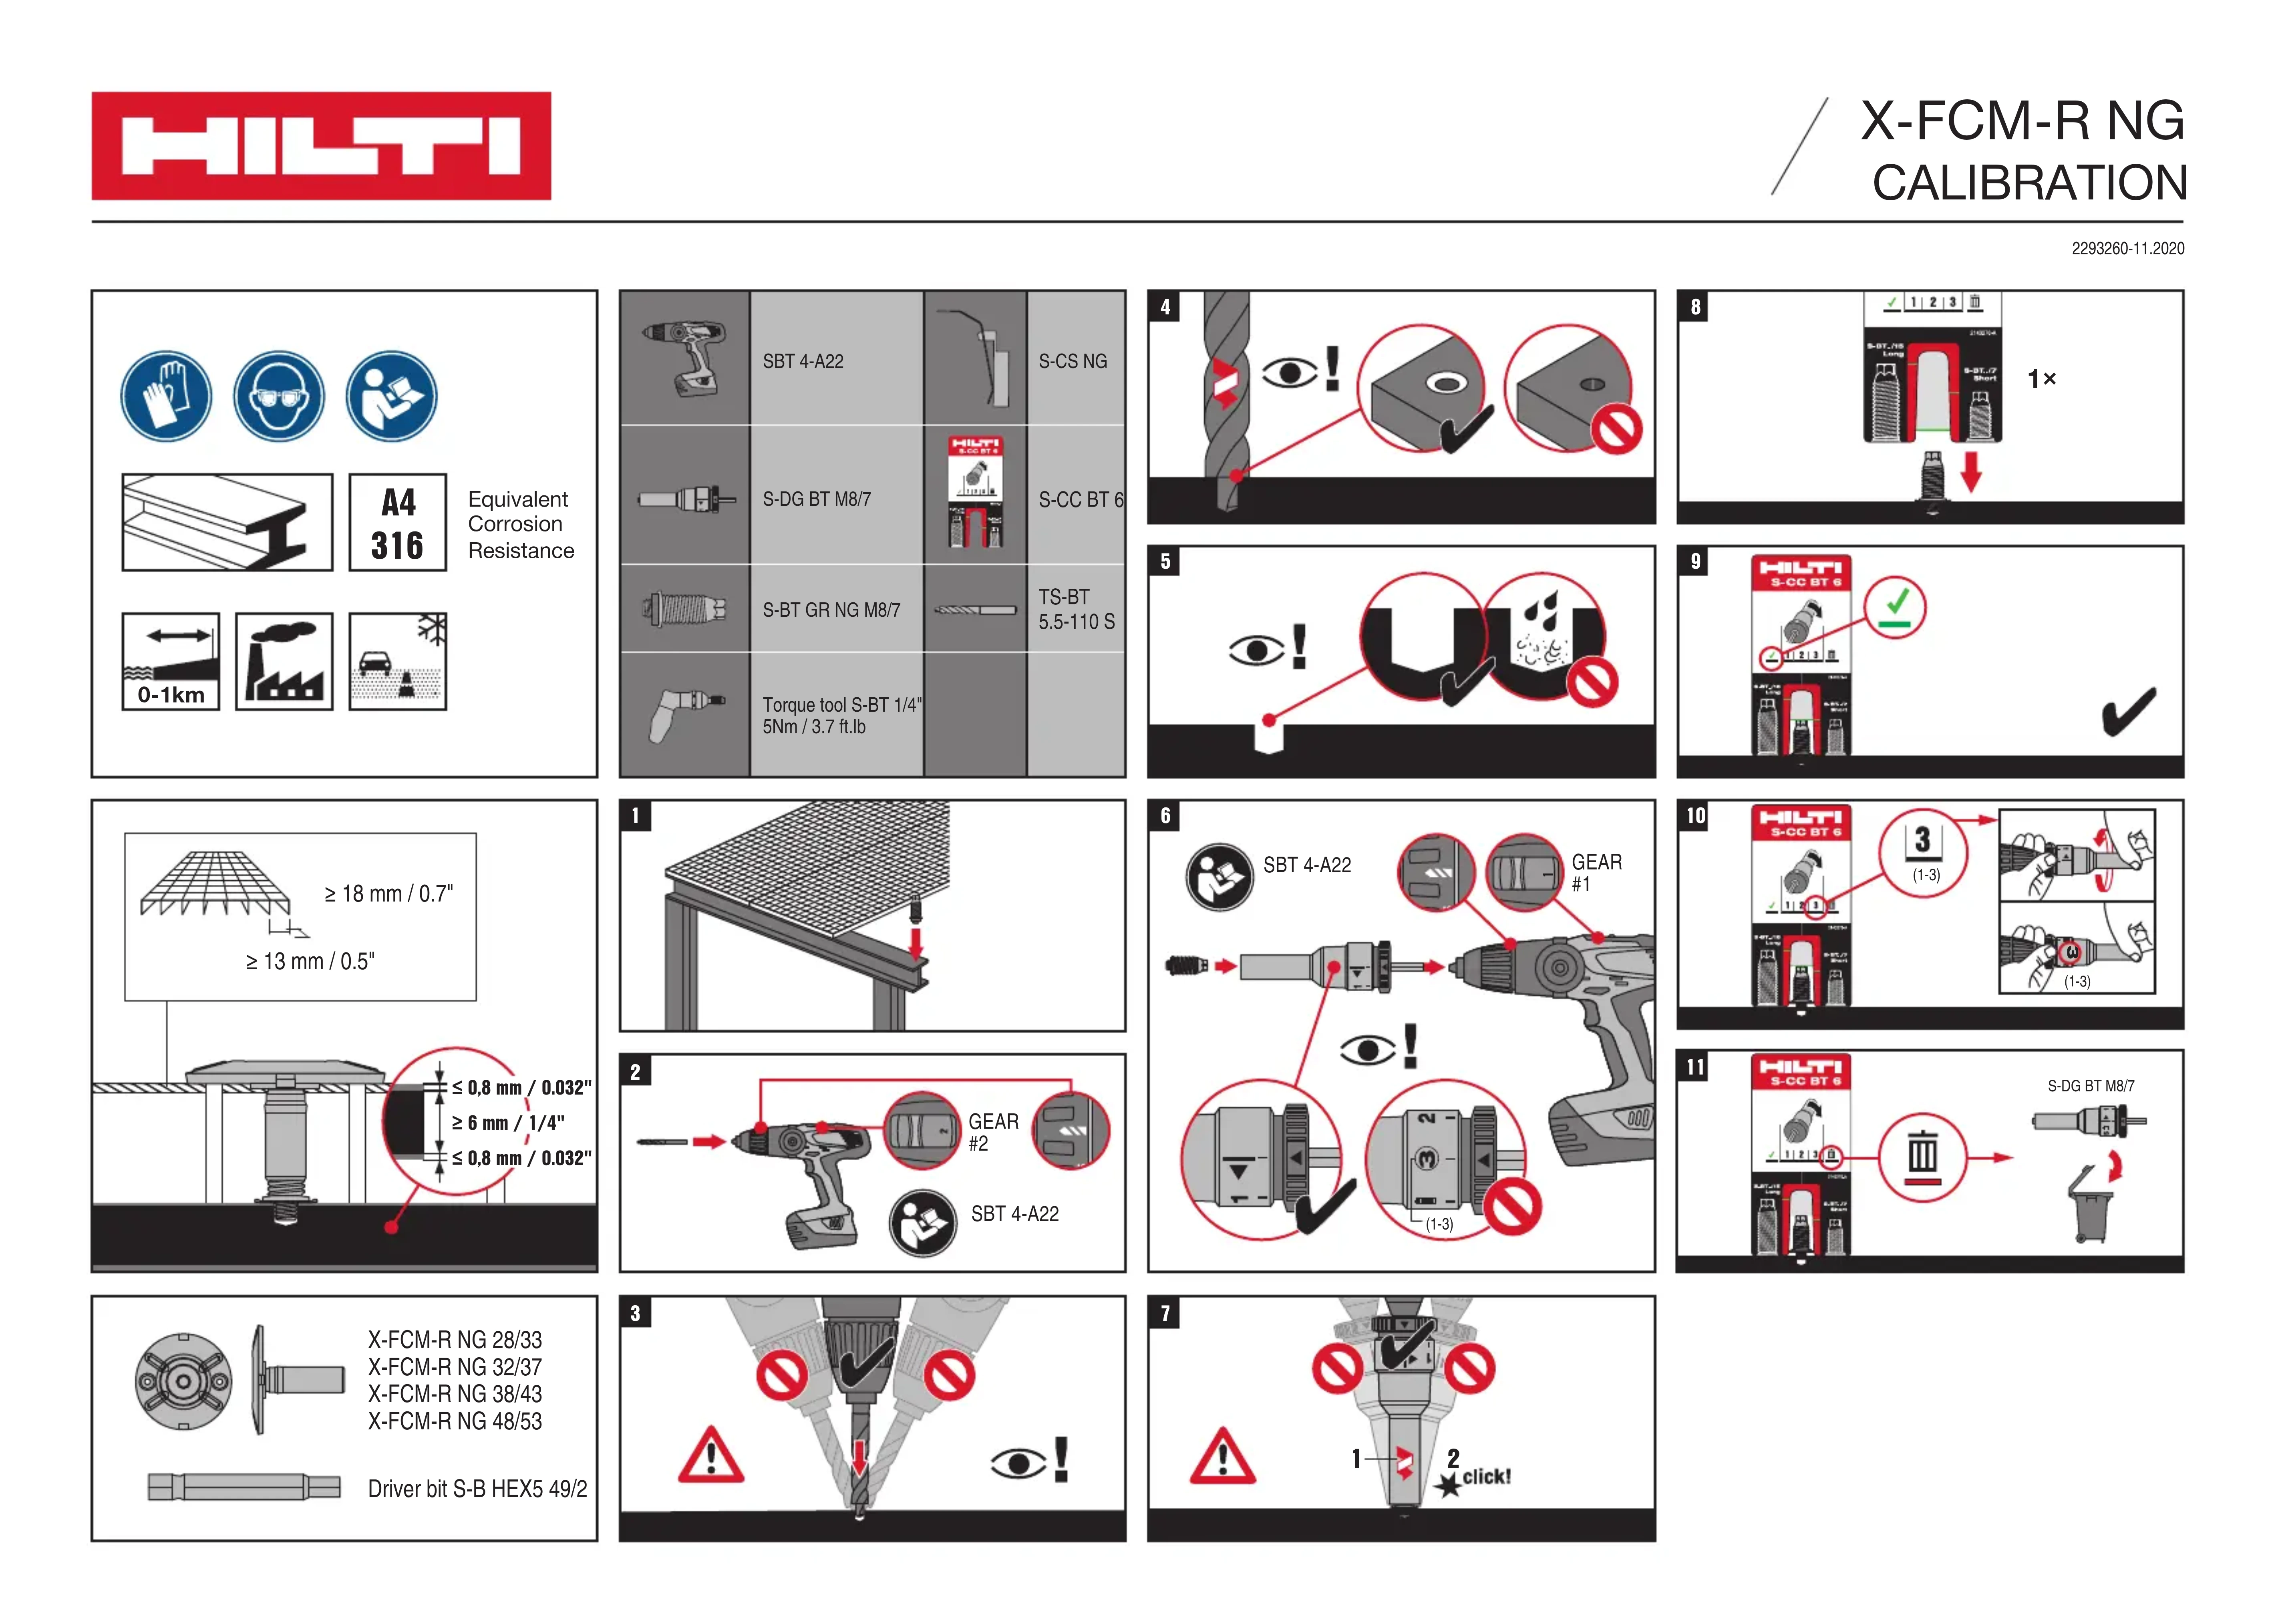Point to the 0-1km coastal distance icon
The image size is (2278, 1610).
pyautogui.click(x=171, y=661)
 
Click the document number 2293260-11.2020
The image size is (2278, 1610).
pyautogui.click(x=2127, y=249)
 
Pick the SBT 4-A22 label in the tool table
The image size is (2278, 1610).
pyautogui.click(x=803, y=361)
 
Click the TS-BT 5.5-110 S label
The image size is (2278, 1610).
pyautogui.click(x=1077, y=609)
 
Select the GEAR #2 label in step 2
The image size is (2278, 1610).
pyautogui.click(x=993, y=1132)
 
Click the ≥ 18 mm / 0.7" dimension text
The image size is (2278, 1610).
pyautogui.click(x=389, y=894)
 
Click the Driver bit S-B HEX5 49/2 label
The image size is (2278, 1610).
pyautogui.click(x=477, y=1489)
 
